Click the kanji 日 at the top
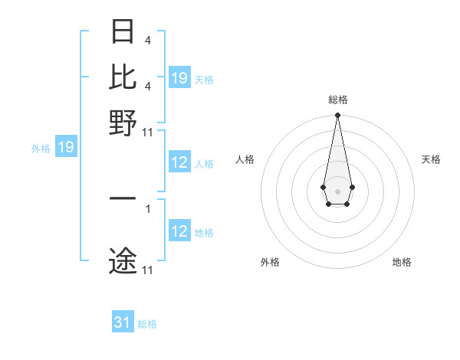123,32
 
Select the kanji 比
123,77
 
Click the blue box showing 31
123,322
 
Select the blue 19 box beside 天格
179,77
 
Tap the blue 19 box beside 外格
66,147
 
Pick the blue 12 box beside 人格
179,162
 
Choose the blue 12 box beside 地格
179,231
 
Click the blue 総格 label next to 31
147,324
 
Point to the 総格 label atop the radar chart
337,100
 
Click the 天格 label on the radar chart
431,159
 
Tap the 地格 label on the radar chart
402,263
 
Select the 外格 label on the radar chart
270,263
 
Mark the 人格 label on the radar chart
245,159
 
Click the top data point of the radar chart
337,116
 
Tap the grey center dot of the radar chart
337,190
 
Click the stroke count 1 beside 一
148,208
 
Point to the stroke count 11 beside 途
148,270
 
